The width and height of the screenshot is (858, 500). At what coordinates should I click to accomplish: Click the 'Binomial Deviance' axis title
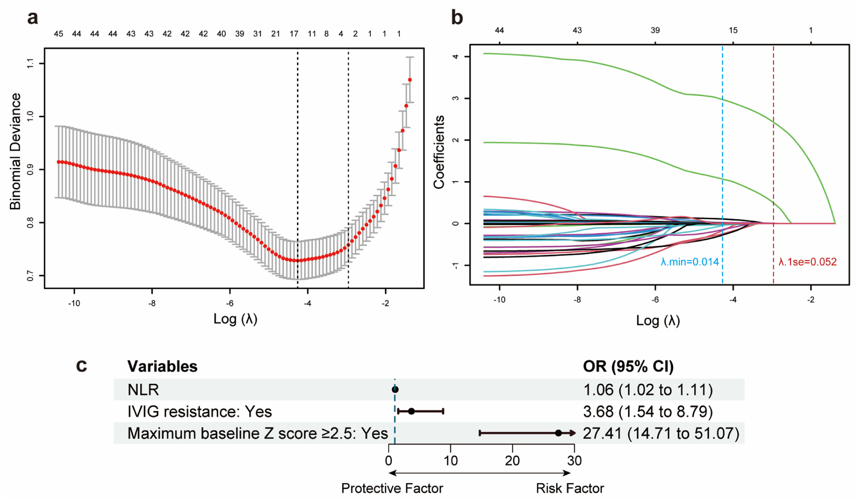tap(15, 151)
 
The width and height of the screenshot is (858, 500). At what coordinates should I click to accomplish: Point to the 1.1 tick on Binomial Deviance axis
tap(31, 64)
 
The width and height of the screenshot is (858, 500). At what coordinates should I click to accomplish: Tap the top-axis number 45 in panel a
tap(59, 34)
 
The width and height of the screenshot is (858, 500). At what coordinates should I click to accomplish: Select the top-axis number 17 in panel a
tap(294, 34)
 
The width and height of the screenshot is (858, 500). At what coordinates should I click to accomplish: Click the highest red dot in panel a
tap(410, 80)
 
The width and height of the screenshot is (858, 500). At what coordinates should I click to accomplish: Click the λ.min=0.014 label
tap(690, 262)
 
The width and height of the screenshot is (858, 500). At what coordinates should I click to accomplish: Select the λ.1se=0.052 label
tap(808, 262)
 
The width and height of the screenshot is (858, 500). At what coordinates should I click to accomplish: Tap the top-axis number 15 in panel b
tap(733, 30)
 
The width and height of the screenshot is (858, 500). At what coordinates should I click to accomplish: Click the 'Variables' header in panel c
tap(162, 366)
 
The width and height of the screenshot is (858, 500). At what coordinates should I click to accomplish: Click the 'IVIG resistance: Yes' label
tap(200, 411)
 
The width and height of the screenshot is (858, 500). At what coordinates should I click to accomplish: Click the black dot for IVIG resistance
tap(411, 411)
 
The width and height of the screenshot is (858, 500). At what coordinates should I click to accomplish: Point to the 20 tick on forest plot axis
tap(512, 461)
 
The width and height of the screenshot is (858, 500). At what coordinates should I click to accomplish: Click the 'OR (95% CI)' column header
tap(628, 366)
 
